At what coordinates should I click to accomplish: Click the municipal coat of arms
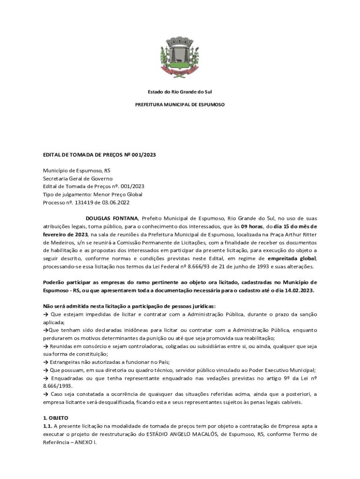tap(180, 56)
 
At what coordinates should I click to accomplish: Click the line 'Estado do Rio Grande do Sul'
tap(180, 92)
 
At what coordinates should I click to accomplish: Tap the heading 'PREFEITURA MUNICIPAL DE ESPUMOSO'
tap(180, 105)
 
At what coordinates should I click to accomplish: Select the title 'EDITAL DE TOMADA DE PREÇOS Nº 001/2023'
tap(100, 154)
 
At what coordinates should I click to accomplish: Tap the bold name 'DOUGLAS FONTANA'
tap(112, 218)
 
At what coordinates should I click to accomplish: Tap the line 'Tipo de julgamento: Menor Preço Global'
tap(93, 195)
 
